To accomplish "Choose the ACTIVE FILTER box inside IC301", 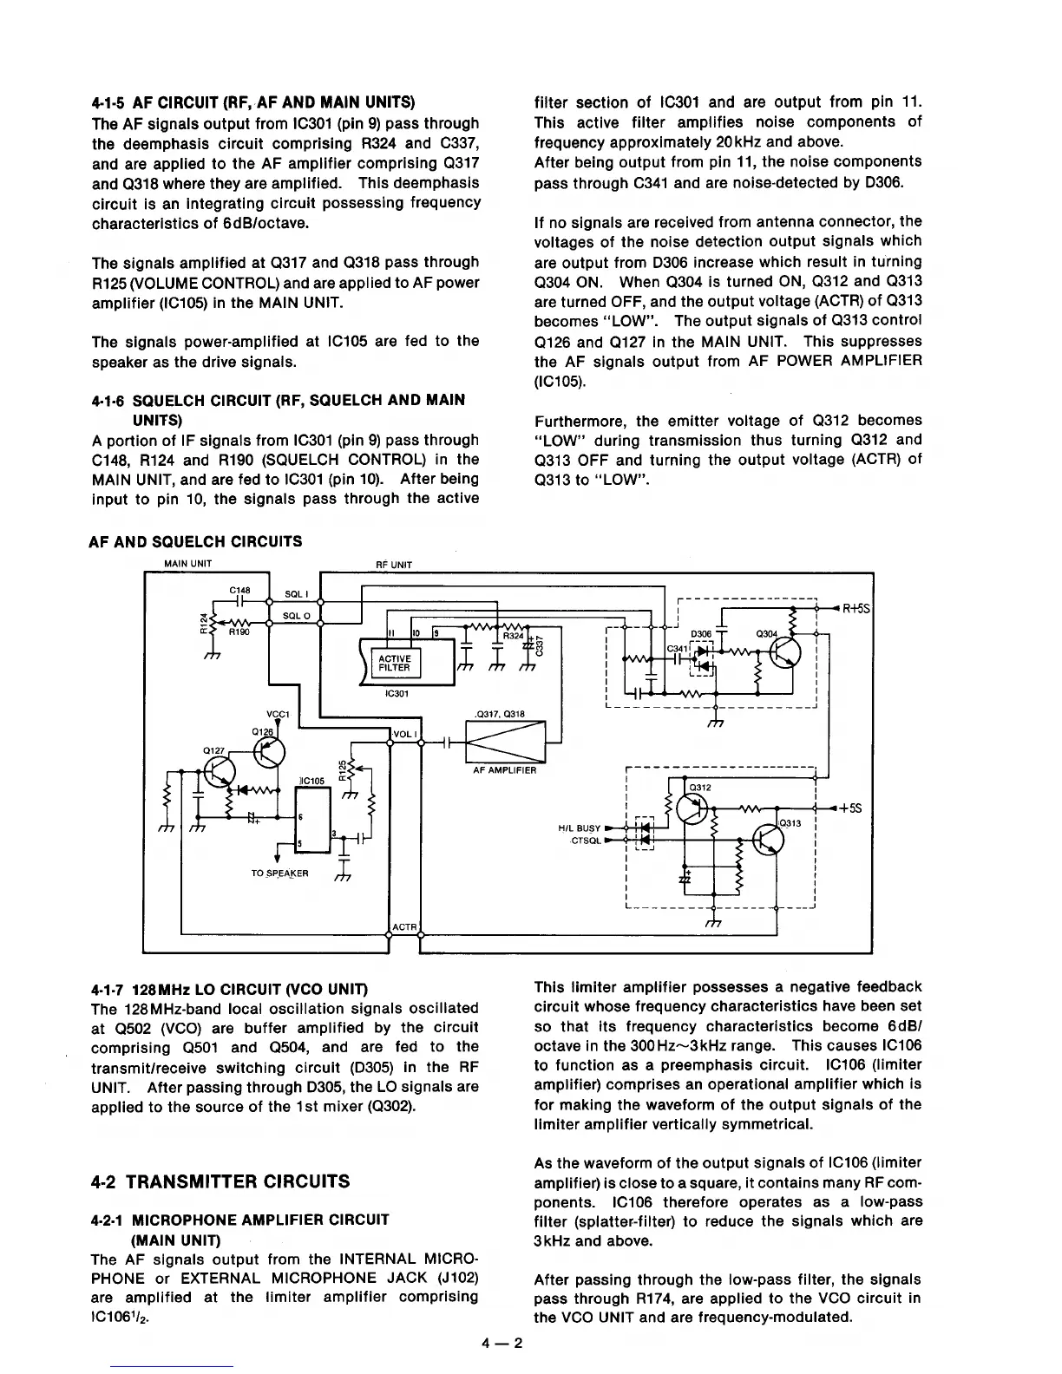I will pos(394,664).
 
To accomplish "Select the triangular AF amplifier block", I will pos(505,743).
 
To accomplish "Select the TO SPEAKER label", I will pos(279,873).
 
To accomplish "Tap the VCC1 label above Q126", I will pos(278,714).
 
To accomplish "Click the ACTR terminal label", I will pos(405,928).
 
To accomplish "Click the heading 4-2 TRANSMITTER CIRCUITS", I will pos(220,1181).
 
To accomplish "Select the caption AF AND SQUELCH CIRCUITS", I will pos(196,541).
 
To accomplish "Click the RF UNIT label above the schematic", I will pos(393,565).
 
